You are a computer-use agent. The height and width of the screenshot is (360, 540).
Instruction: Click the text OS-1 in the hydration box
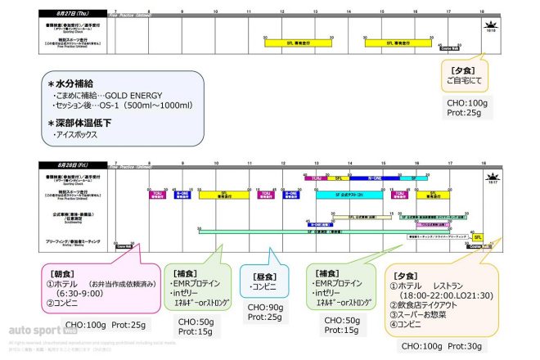pyautogui.click(x=127, y=106)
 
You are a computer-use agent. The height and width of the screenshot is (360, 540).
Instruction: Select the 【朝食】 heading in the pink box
pyautogui.click(x=65, y=272)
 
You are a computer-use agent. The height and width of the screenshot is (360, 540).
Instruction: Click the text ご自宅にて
pyautogui.click(x=464, y=82)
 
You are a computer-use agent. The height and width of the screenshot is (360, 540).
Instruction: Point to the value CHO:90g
pyautogui.click(x=266, y=307)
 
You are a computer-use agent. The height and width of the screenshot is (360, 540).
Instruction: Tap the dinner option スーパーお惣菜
pyautogui.click(x=430, y=313)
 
